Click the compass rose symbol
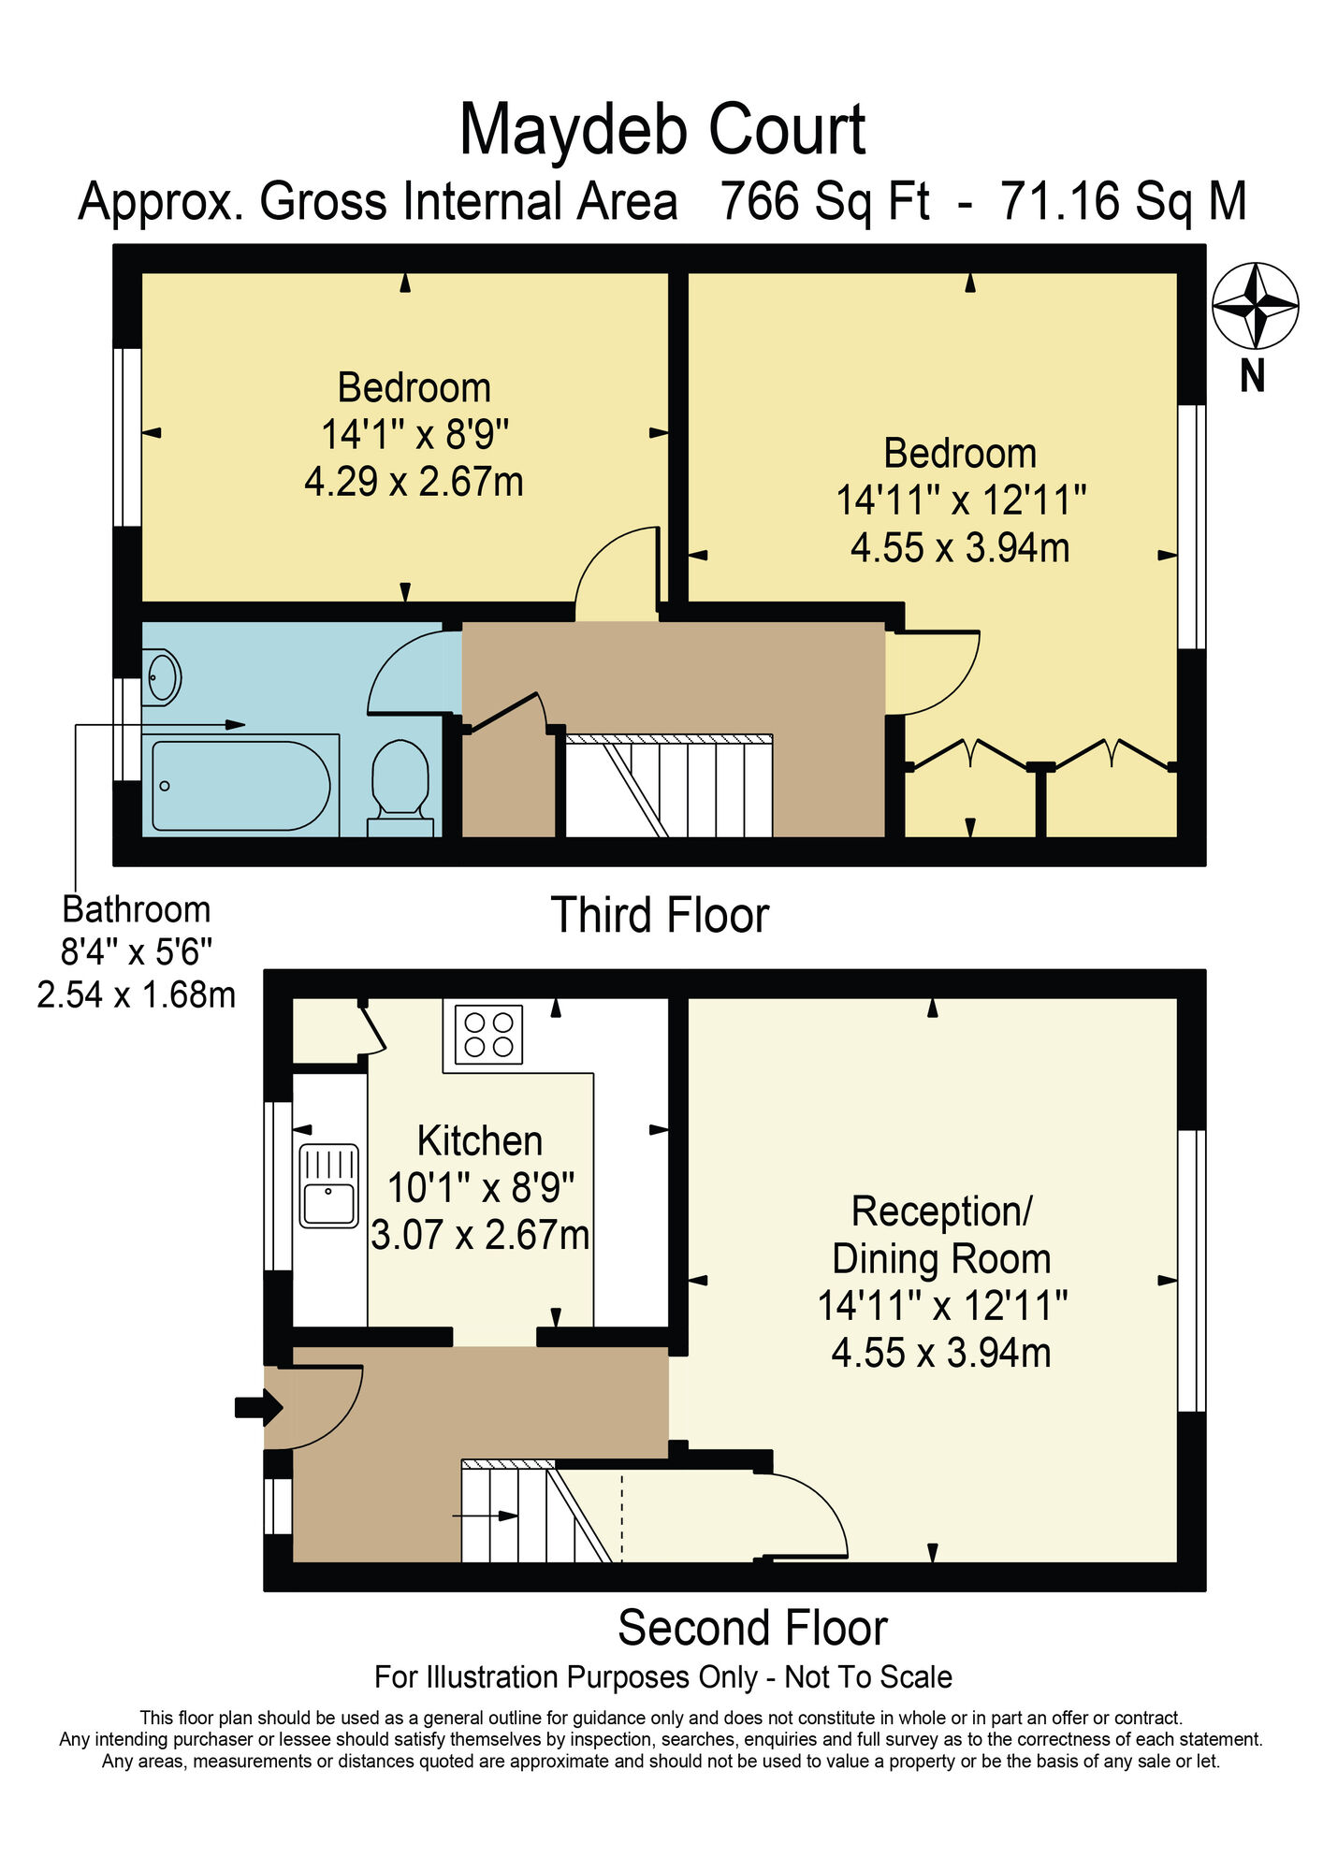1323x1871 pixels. (1255, 305)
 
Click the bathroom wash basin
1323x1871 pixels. (163, 676)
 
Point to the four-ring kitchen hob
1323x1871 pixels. (488, 1034)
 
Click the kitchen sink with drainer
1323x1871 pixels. (328, 1185)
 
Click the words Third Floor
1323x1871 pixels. (660, 915)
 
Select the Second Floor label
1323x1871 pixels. (752, 1628)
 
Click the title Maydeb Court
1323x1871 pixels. (662, 130)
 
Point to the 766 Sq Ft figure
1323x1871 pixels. (824, 201)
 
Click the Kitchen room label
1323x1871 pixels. (479, 1141)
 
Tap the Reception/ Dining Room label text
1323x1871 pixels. (941, 1235)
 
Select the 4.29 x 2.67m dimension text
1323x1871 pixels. (414, 482)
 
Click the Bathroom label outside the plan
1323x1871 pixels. (136, 909)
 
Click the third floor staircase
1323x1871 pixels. (669, 786)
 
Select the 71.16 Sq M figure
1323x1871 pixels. (1123, 201)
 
